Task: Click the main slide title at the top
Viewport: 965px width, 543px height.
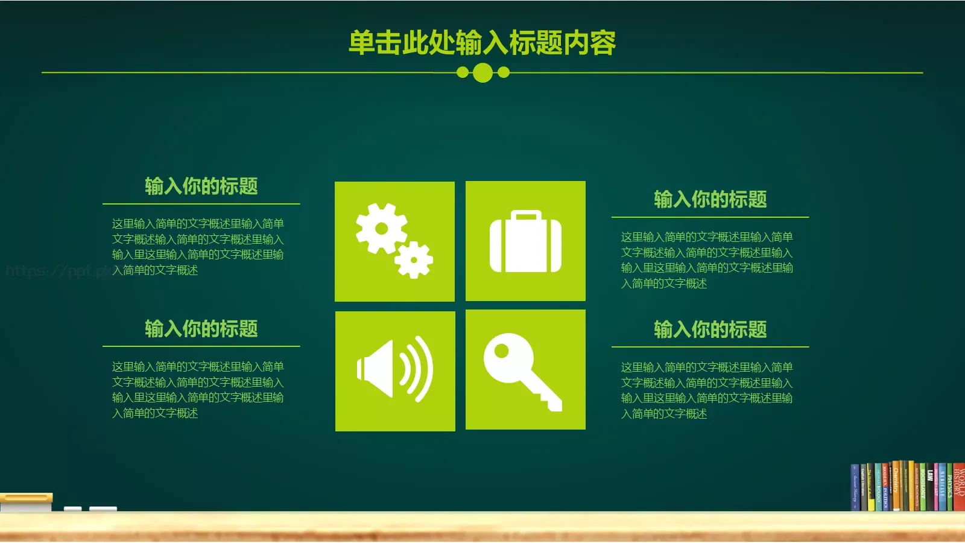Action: tap(482, 43)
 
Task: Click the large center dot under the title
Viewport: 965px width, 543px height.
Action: tap(482, 73)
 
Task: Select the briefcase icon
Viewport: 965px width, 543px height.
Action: tap(525, 241)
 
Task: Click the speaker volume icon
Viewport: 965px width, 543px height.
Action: tap(395, 370)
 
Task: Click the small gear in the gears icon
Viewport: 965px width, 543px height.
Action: tap(414, 260)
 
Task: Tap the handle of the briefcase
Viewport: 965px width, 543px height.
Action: tap(526, 215)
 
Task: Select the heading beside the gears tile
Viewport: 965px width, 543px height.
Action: tap(201, 186)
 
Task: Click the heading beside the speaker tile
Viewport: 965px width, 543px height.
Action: tap(201, 329)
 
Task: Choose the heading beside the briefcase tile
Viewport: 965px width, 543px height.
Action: tap(710, 200)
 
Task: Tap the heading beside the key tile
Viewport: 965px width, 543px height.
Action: tap(710, 330)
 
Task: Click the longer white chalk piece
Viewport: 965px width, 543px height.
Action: tap(103, 509)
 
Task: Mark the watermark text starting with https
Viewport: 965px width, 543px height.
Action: tap(57, 271)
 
